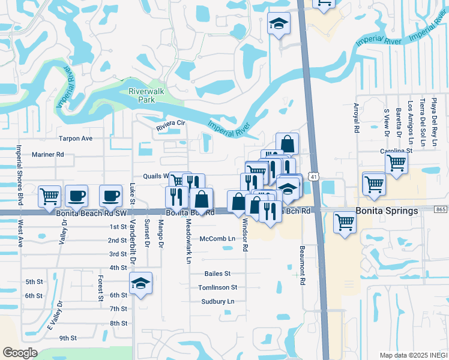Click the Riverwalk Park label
click(142, 95)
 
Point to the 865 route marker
click(441, 209)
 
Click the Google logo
click(19, 352)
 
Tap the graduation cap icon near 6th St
click(140, 283)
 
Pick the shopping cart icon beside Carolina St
click(396, 163)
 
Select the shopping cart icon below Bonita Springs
click(345, 222)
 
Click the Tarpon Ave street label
click(75, 138)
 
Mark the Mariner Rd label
click(48, 154)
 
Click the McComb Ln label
click(217, 238)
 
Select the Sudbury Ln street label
click(217, 301)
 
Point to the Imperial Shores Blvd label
click(19, 175)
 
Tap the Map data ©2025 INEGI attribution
click(413, 355)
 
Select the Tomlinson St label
click(218, 287)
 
